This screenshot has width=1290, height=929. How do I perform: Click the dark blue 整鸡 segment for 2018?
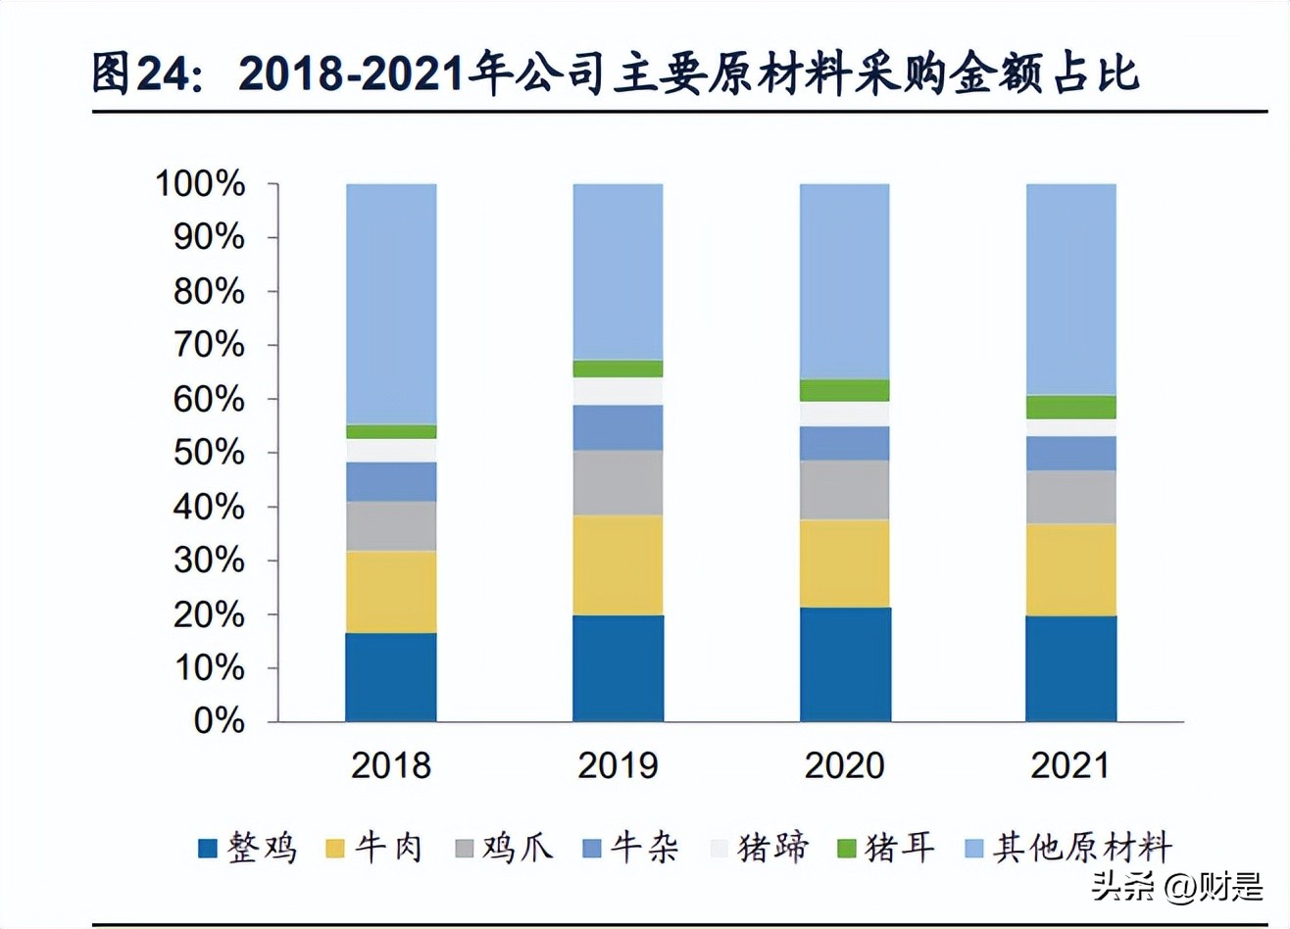click(x=391, y=677)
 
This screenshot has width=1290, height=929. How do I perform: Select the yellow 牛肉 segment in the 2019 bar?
click(x=618, y=565)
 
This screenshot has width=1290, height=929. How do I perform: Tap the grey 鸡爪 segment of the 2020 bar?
click(x=844, y=490)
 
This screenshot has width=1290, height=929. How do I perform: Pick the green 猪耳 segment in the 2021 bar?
click(x=1070, y=407)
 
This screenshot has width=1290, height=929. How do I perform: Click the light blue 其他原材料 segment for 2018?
click(x=391, y=304)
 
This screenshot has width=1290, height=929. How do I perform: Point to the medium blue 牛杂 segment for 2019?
click(x=618, y=427)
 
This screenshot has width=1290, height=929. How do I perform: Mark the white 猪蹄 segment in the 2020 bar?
click(x=844, y=414)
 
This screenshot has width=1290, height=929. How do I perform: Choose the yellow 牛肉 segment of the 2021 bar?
click(x=1070, y=569)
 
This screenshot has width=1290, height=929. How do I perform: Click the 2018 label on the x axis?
click(x=391, y=765)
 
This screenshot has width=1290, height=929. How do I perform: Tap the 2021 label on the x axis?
click(x=1070, y=765)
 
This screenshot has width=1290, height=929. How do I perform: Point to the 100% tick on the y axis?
click(x=201, y=183)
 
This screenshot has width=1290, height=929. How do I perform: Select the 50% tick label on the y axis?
click(x=209, y=453)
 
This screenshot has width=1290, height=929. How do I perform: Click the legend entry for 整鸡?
click(x=248, y=848)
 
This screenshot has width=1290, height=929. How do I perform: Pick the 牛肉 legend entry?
click(x=374, y=848)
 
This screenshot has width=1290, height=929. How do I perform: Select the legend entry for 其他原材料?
click(x=1068, y=848)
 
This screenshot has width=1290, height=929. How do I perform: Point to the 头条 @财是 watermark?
click(x=1177, y=887)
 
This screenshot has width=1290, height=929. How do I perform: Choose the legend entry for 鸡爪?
click(x=504, y=848)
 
